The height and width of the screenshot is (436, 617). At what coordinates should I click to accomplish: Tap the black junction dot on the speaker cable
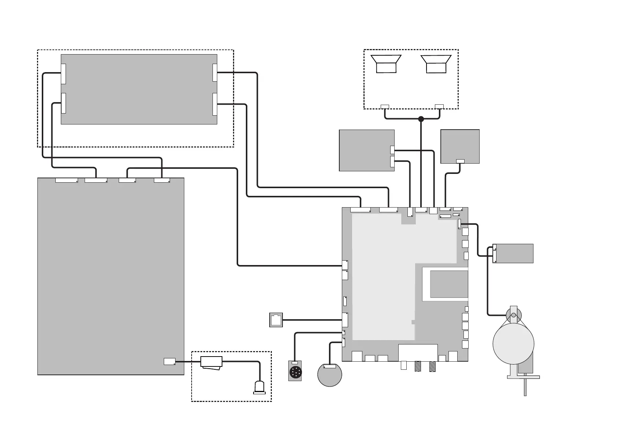(x=421, y=119)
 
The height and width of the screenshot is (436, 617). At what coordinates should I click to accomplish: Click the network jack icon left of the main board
(x=276, y=320)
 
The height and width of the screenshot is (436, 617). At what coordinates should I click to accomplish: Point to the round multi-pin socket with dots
(x=295, y=373)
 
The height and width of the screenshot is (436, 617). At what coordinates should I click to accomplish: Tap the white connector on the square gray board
(x=461, y=161)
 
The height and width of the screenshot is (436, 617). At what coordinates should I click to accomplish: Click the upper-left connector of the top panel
(x=63, y=74)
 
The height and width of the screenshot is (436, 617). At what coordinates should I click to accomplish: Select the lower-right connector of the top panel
(x=215, y=104)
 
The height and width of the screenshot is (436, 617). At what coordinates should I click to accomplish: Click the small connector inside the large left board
(x=169, y=361)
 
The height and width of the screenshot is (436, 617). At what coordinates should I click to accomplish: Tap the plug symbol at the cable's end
(x=260, y=388)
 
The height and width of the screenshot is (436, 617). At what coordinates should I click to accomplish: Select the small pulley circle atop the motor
(x=513, y=315)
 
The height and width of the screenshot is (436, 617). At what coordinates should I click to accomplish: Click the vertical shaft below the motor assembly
(x=525, y=387)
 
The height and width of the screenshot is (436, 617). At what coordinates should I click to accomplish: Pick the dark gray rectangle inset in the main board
(x=449, y=284)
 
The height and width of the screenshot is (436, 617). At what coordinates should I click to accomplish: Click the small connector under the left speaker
(x=385, y=107)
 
